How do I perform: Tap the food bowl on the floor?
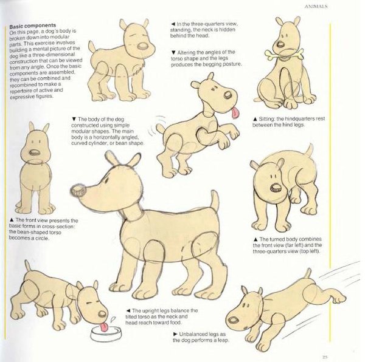(x=106, y=334)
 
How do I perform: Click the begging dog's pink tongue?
(x=235, y=112)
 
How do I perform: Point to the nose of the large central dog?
(x=78, y=191)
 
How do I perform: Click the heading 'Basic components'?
(x=33, y=26)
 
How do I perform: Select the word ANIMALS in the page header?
(x=316, y=7)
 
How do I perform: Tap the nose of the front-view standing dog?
(x=35, y=152)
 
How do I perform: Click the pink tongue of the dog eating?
(x=104, y=327)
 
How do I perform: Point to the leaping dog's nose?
(x=234, y=321)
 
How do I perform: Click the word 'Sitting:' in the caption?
(x=267, y=118)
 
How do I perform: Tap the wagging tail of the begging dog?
(x=160, y=129)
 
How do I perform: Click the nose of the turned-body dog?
(x=276, y=188)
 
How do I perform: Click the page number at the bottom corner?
(x=325, y=357)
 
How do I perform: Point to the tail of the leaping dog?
(x=308, y=273)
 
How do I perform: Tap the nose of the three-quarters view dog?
(x=143, y=46)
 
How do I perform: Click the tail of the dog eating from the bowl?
(x=28, y=266)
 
